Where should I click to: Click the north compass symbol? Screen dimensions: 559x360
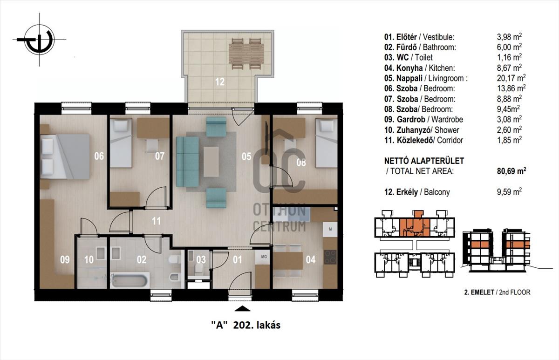[39, 40]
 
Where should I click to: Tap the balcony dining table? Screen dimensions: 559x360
[246, 54]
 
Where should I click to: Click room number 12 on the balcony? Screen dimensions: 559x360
[220, 82]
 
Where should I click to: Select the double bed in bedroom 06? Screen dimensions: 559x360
[65, 156]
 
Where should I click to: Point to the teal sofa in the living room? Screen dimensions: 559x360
[187, 162]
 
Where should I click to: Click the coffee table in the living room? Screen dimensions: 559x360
[211, 162]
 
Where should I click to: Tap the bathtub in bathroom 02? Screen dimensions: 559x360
[130, 280]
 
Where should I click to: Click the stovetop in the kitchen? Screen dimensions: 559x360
[330, 257]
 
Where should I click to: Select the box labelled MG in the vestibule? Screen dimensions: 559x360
[264, 257]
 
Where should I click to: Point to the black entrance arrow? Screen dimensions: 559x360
[242, 309]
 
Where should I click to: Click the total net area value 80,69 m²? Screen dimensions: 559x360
[511, 171]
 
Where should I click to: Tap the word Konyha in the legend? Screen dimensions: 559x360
[409, 68]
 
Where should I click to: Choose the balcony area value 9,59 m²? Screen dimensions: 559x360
[509, 192]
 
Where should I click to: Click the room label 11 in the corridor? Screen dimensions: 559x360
[156, 221]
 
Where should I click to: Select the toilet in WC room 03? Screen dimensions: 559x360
[198, 268]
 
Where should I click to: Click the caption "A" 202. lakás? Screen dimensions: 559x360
[246, 325]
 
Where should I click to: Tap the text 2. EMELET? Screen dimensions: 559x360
[479, 292]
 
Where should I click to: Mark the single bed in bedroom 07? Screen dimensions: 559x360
[121, 143]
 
